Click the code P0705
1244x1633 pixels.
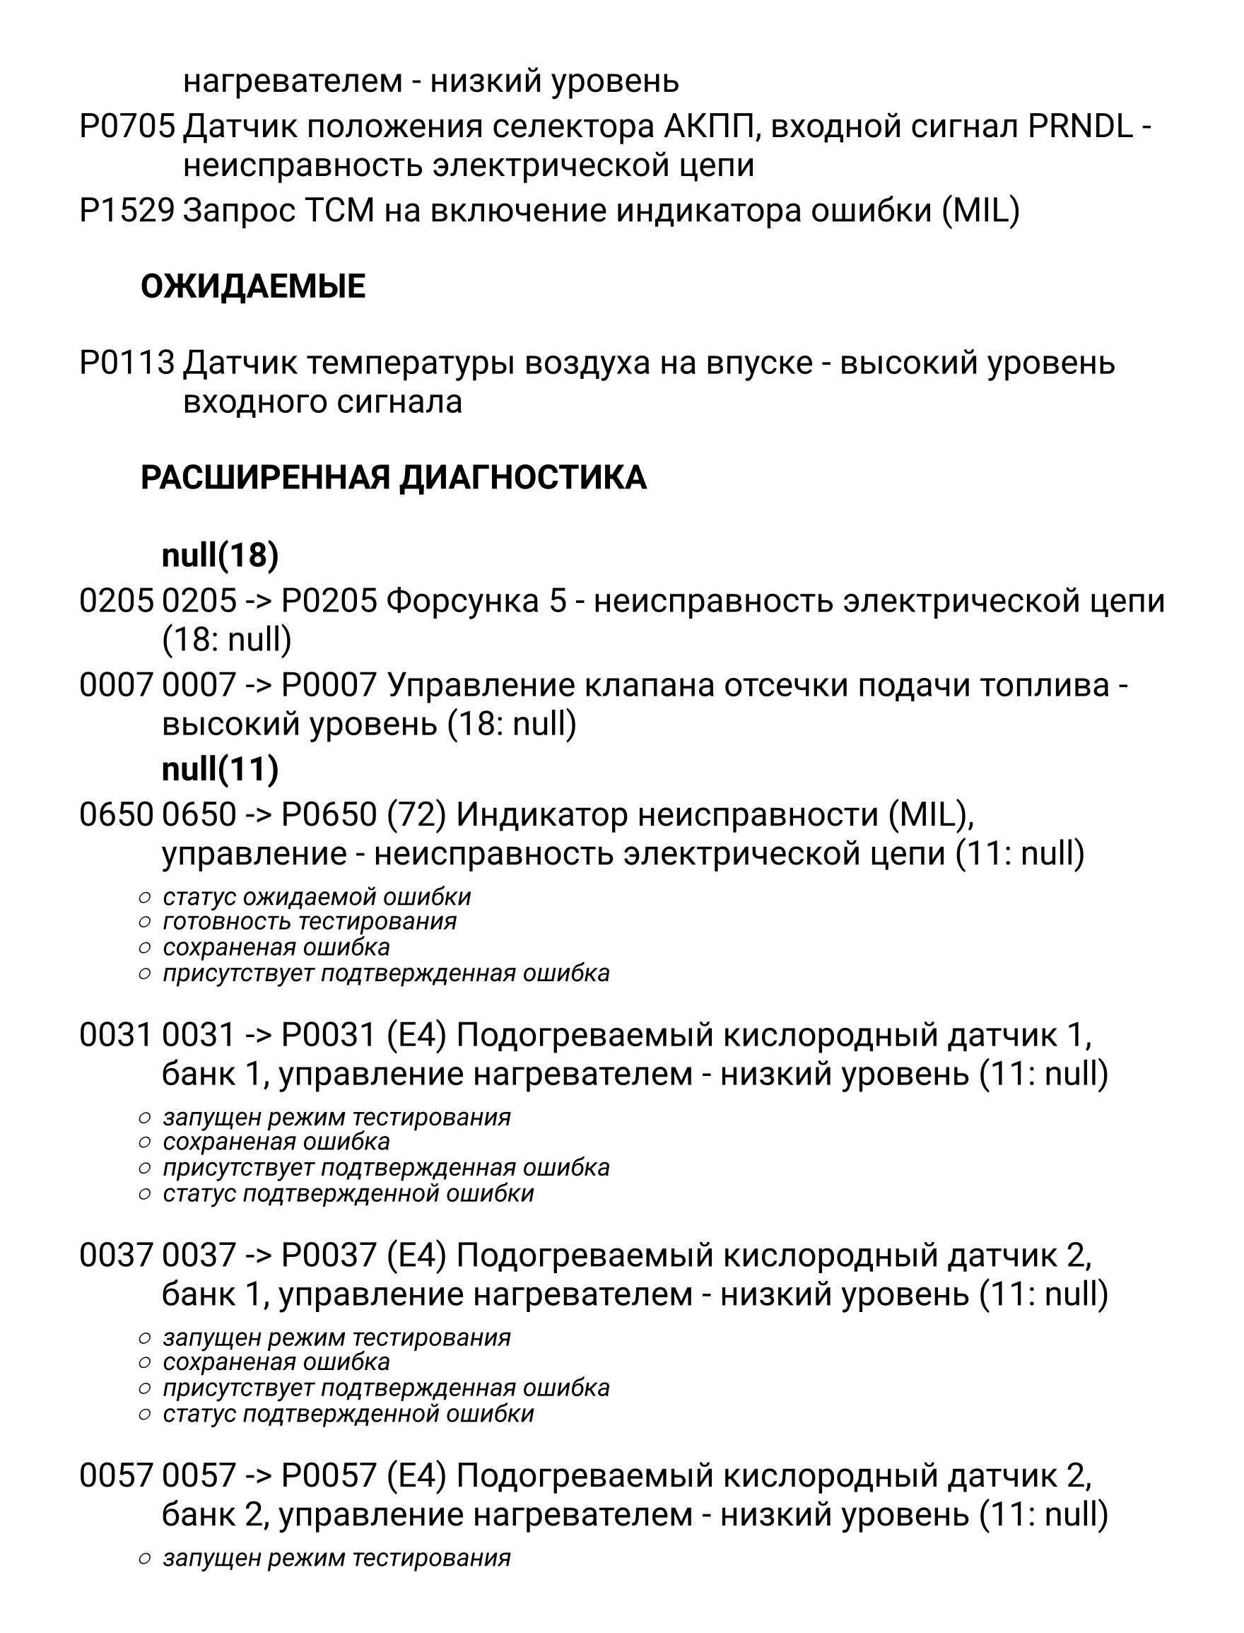[x=127, y=127]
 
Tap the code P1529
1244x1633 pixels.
[x=127, y=211]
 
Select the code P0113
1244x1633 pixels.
[x=127, y=363]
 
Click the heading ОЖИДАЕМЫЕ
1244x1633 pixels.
[x=252, y=286]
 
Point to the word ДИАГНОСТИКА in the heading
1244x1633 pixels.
[x=523, y=478]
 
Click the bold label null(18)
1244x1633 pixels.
[x=220, y=555]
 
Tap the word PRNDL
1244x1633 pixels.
[x=1080, y=127]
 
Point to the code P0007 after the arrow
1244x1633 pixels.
[x=329, y=685]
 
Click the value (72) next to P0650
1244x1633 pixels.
[x=416, y=814]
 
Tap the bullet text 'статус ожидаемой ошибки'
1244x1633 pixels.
[x=317, y=897]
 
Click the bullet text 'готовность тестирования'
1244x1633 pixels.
[x=310, y=922]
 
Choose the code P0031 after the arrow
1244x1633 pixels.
[x=329, y=1035]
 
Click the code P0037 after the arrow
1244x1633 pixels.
[x=329, y=1256]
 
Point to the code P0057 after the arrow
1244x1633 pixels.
[x=329, y=1476]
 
